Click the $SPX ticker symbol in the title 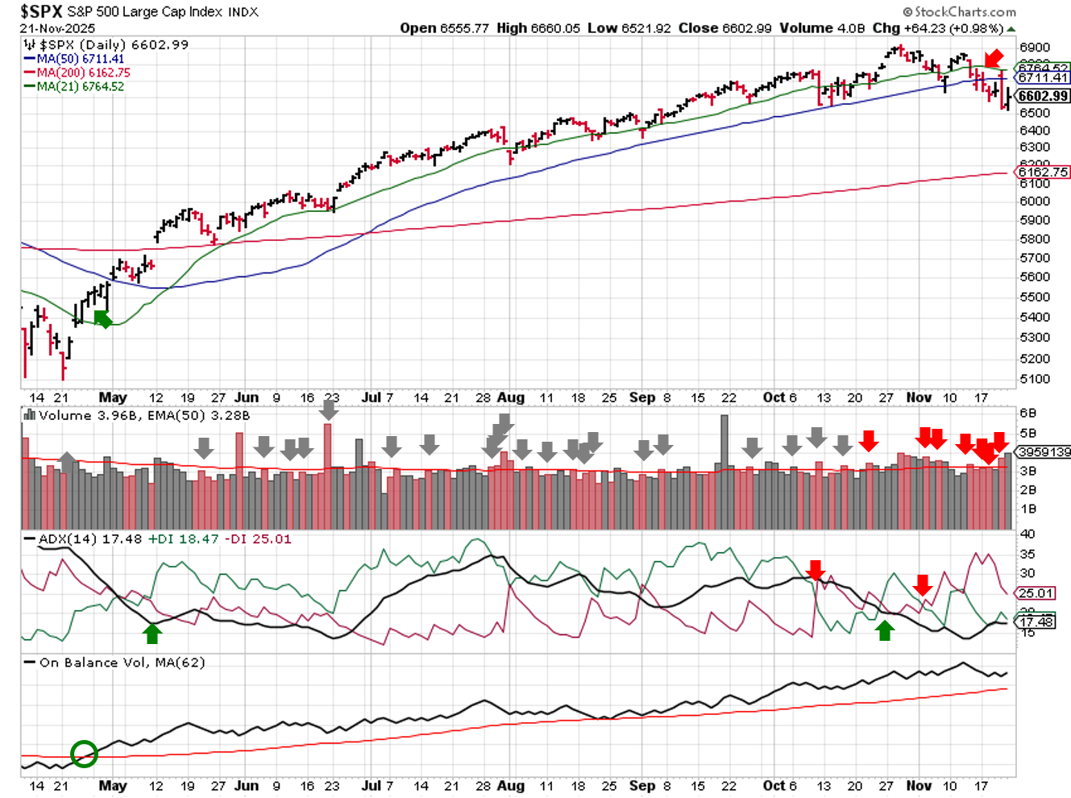41,11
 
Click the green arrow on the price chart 102,319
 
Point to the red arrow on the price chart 994,59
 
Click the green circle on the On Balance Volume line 84,754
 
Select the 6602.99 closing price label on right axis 1043,96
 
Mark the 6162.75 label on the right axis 1043,172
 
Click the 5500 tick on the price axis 1035,297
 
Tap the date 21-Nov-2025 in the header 57,28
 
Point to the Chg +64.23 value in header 938,28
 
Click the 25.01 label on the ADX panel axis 1036,593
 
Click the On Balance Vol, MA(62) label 122,663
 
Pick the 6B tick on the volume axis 1027,414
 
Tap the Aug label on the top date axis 511,397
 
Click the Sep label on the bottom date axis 642,785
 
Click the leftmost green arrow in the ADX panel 152,634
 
